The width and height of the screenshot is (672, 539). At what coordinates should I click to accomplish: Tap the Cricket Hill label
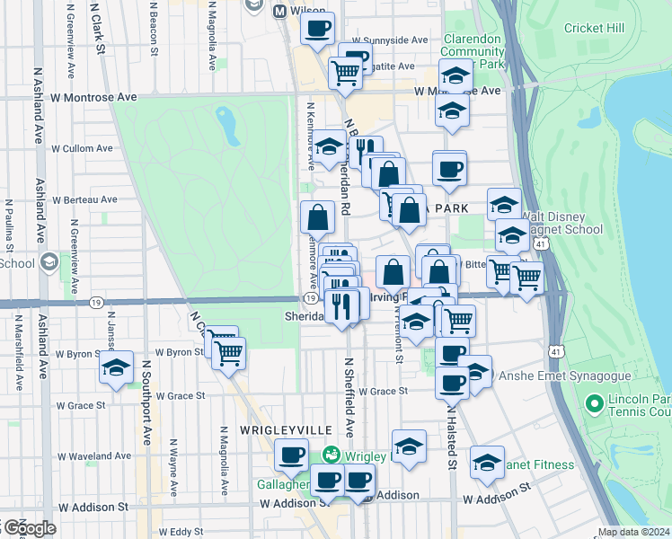tap(594, 28)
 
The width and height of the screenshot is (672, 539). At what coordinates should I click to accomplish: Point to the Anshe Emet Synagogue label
tap(548, 375)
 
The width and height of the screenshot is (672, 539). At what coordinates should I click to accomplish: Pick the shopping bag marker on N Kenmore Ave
tap(317, 216)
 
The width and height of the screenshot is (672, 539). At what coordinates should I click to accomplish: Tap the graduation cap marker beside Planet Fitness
tap(487, 462)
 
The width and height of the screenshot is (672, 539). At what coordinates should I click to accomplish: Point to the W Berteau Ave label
tap(84, 199)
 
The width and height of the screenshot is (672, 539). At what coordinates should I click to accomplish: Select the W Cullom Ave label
tap(82, 148)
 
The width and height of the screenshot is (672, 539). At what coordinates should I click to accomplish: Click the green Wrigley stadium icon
tap(332, 455)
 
